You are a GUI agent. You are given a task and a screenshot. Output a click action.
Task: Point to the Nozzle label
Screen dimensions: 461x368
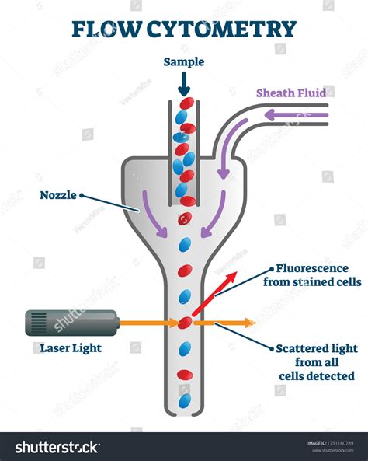[60, 195]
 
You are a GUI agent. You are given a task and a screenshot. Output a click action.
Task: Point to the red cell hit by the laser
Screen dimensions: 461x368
[185, 322]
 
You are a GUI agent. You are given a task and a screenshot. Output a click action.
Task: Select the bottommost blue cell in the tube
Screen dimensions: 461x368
[184, 401]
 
